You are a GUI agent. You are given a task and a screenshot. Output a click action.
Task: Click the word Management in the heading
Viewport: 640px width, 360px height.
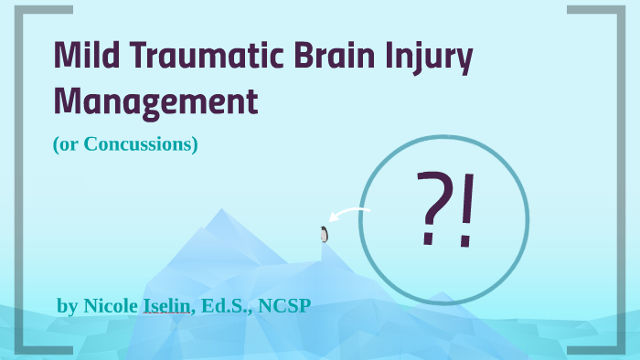click(155, 101)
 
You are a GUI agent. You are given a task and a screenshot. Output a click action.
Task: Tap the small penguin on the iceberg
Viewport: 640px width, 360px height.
click(324, 234)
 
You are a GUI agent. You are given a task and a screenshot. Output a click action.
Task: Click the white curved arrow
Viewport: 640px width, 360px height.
click(350, 216)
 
